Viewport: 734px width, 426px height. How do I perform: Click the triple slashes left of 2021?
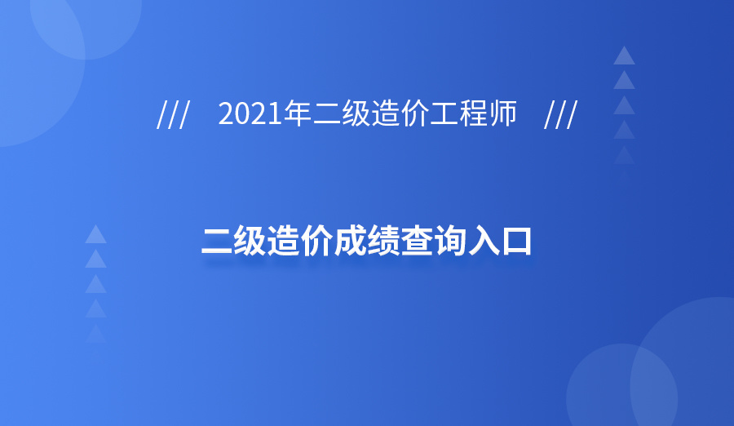pyautogui.click(x=173, y=116)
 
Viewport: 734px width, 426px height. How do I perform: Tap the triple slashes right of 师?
pyautogui.click(x=560, y=116)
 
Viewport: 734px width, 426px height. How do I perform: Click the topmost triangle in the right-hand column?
pyautogui.click(x=624, y=55)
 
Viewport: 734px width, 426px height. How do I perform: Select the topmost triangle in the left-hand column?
pyautogui.click(x=96, y=234)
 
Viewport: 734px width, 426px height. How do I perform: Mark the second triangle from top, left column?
pyautogui.click(x=96, y=260)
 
